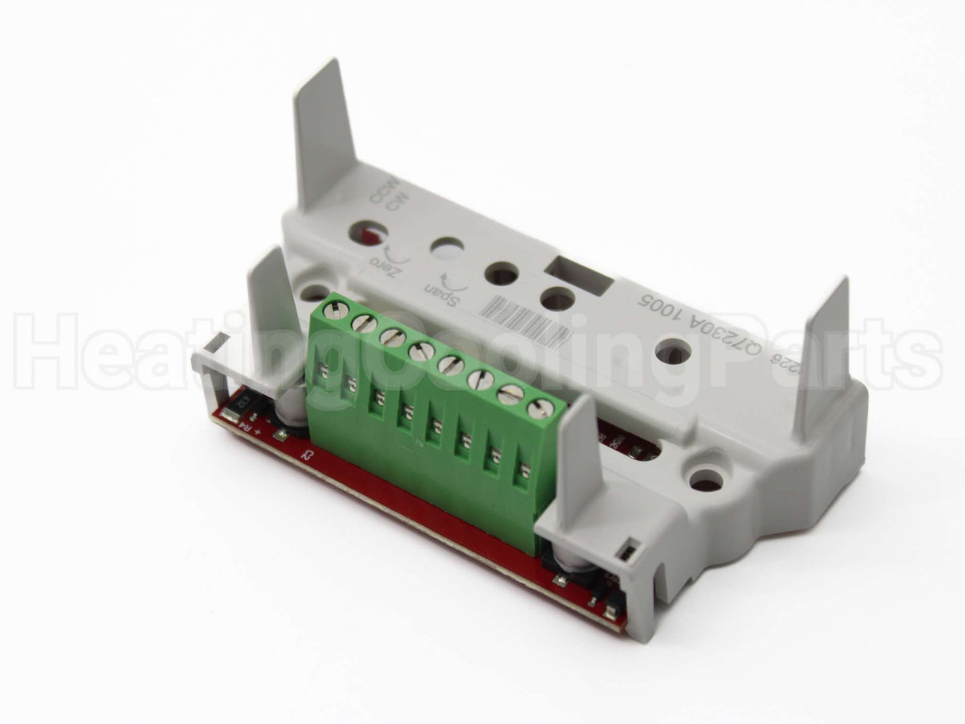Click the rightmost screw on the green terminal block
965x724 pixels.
pos(541,408)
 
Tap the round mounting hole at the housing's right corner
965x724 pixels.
pos(706,480)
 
